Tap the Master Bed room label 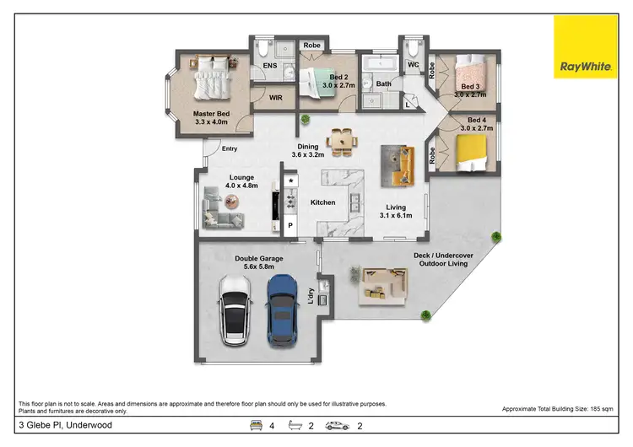click(211, 118)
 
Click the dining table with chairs click(342, 140)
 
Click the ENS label click(270, 66)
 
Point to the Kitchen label click(323, 202)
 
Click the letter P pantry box click(290, 226)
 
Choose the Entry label click(229, 149)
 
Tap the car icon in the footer click(338, 426)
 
